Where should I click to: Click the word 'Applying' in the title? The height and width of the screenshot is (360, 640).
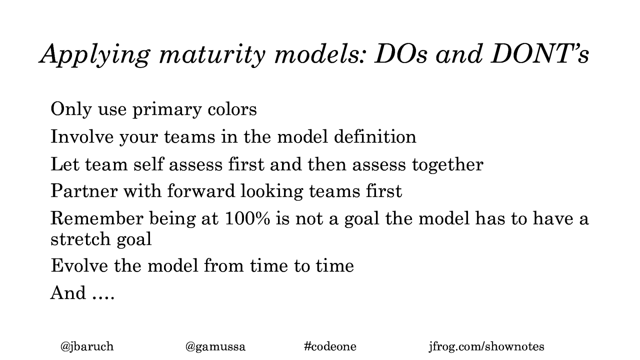tap(94, 55)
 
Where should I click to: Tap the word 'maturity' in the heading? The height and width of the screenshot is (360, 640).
tap(212, 55)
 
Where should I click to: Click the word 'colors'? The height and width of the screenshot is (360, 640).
tap(232, 110)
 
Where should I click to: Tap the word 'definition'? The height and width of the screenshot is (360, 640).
tap(375, 136)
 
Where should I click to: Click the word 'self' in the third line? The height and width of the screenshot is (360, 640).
tap(148, 164)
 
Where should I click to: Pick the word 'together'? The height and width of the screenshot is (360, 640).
tap(448, 166)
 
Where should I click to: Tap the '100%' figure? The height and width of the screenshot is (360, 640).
tap(248, 218)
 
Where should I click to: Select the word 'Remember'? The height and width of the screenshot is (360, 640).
tap(97, 218)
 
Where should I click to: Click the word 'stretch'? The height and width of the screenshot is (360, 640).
tap(80, 239)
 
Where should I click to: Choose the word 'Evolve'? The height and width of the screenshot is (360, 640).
tap(80, 266)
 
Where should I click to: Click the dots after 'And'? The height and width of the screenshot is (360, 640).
tap(104, 298)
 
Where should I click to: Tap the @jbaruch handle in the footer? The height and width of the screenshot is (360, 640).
tap(87, 347)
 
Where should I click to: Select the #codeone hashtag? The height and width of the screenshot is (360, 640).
tap(330, 346)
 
